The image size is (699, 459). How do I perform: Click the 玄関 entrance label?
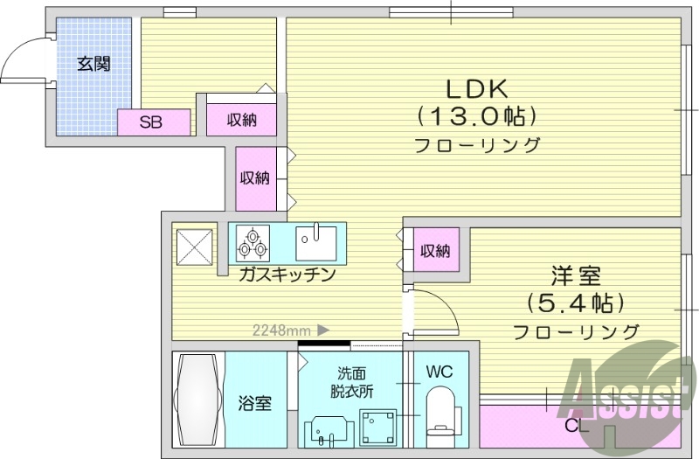click(x=93, y=64)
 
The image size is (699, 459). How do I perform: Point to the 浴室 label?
click(x=255, y=403)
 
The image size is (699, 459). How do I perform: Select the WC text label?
click(x=439, y=371)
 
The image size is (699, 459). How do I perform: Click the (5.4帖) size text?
click(x=575, y=303)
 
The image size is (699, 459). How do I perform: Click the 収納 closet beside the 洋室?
click(x=435, y=251)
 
